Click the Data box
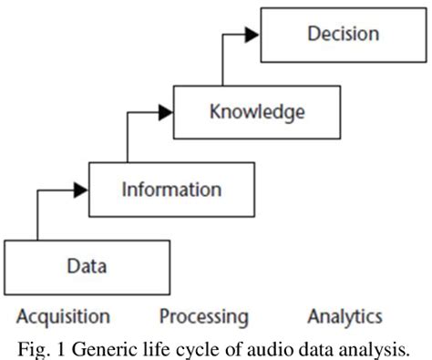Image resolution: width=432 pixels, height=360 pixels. tap(87, 266)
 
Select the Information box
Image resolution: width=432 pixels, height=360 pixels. tap(171, 190)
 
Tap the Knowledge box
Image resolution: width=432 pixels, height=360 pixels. tap(257, 112)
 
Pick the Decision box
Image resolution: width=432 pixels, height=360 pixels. tap(343, 36)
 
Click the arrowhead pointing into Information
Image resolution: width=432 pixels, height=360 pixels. tap(80, 189)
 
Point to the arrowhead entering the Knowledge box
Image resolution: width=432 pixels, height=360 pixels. tap(165, 112)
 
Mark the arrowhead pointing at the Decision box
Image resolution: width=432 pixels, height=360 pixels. tap(252, 36)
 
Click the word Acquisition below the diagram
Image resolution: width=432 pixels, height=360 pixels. tap(63, 316)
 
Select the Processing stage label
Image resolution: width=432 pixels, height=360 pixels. tap(203, 316)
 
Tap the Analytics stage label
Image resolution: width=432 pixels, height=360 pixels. tap(344, 316)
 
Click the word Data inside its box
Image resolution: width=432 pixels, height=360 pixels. tap(87, 266)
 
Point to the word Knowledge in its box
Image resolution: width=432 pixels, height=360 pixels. tap(257, 112)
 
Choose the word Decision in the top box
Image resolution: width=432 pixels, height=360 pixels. tap(343, 36)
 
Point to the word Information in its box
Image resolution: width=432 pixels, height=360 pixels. tap(171, 190)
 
